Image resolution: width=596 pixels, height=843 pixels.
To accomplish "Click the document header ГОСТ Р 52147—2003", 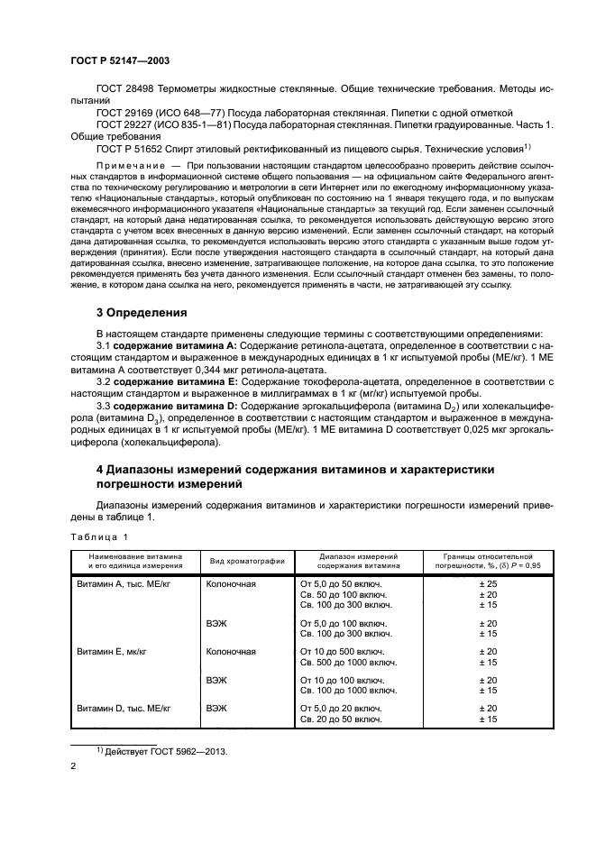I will point(120,60).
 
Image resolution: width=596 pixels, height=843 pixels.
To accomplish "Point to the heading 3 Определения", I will point(141,314).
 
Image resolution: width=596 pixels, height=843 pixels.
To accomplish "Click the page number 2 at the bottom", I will point(74,767).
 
